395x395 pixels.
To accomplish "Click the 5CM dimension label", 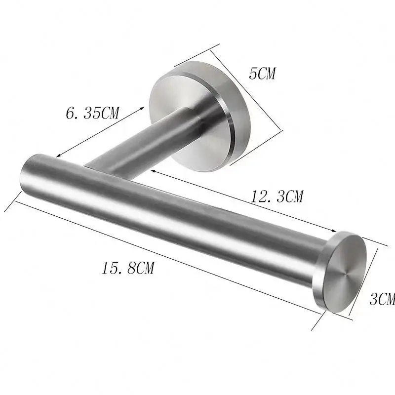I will [262, 74].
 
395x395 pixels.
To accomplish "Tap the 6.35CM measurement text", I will [92, 113].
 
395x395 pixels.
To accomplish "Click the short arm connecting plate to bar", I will [143, 143].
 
